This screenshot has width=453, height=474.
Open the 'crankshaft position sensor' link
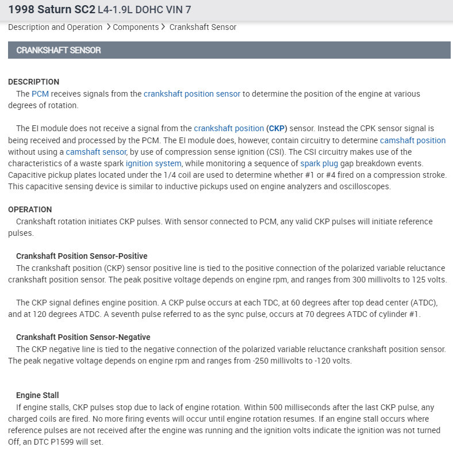(x=192, y=94)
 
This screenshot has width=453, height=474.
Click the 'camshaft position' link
(x=413, y=140)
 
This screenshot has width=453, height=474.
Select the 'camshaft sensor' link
(x=96, y=152)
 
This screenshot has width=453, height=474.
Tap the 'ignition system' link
(x=153, y=163)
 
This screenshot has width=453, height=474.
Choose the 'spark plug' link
(x=318, y=163)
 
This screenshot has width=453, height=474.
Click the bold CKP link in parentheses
(x=277, y=128)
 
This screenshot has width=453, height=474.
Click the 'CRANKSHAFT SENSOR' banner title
(x=59, y=50)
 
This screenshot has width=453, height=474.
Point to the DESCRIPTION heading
(x=33, y=82)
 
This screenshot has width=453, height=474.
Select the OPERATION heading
(x=30, y=209)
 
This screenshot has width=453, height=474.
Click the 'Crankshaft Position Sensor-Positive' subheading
(x=82, y=256)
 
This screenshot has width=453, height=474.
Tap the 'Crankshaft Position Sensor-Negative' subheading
(x=83, y=337)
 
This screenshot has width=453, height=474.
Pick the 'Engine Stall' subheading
(x=37, y=395)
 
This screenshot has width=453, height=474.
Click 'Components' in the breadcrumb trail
(x=136, y=27)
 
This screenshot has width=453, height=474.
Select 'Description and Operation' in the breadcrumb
(x=55, y=27)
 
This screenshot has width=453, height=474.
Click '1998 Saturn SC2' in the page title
(x=51, y=10)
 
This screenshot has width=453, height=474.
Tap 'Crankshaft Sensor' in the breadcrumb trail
(x=202, y=27)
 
